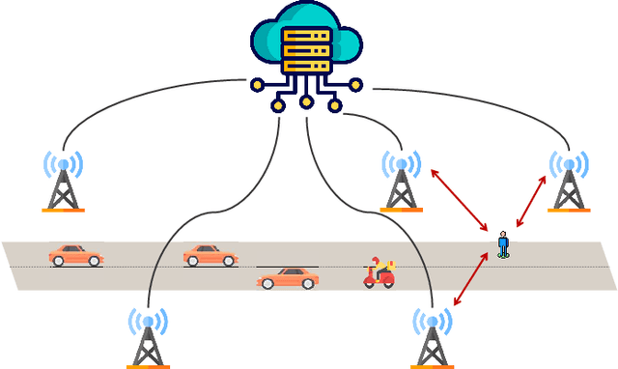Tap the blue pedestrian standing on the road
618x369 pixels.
(502, 244)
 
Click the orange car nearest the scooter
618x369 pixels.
(288, 278)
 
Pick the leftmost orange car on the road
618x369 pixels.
(75, 255)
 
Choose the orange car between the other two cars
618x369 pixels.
(210, 255)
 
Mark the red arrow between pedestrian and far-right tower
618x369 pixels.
(532, 203)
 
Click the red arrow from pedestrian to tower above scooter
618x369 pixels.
(460, 200)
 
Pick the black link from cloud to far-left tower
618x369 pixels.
(145, 97)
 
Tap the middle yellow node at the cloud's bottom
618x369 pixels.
(306, 100)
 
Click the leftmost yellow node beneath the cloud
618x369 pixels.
(257, 85)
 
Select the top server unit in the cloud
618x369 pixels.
(306, 36)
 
